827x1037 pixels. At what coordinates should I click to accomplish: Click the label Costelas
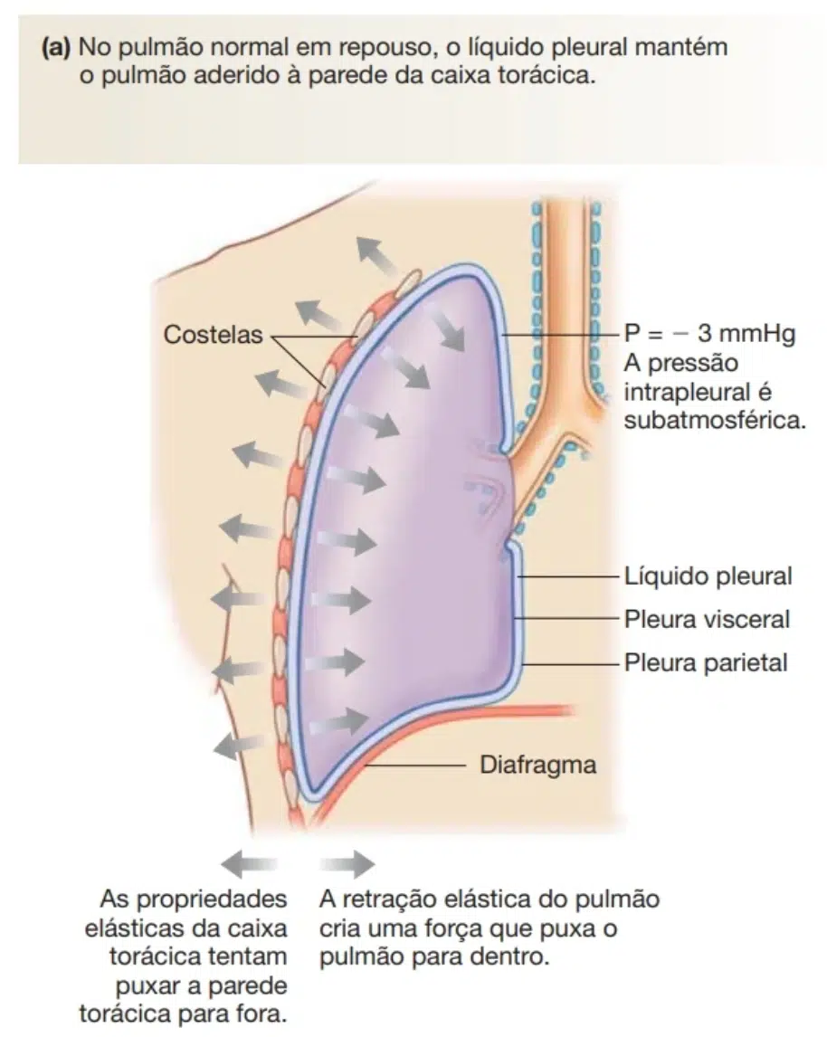213,335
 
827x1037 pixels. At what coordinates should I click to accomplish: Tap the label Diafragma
537,765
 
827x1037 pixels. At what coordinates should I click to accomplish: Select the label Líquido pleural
708,576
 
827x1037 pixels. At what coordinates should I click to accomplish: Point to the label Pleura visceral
707,620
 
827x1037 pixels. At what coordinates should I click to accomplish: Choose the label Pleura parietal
706,662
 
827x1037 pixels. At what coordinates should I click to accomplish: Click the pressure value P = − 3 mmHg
709,335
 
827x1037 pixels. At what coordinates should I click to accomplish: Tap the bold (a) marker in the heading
55,48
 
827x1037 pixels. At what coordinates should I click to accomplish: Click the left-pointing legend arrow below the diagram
249,863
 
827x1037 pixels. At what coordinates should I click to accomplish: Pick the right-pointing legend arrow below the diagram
347,863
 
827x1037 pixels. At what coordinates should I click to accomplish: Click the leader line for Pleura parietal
572,663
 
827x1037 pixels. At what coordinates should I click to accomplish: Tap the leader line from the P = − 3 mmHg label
562,335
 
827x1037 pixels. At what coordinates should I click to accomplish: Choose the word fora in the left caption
263,1013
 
